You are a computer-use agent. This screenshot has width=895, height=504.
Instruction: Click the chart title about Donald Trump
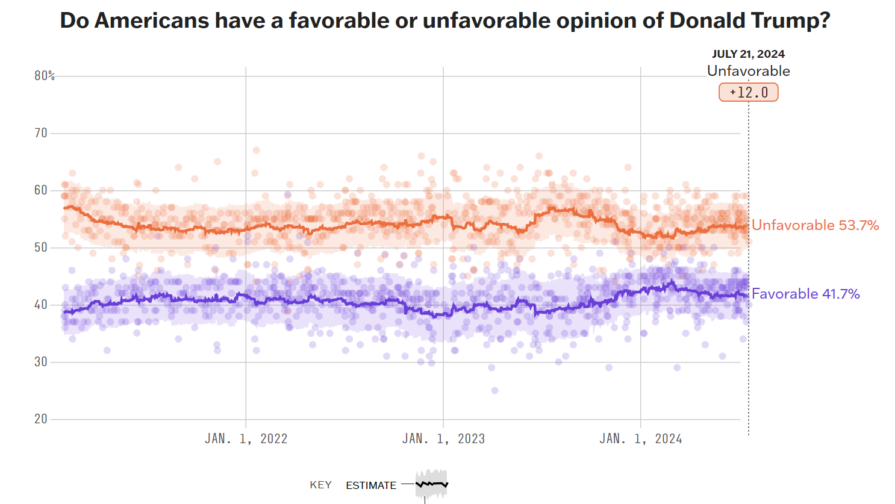click(x=444, y=20)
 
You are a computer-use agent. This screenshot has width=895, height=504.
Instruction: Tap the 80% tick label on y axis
click(x=45, y=76)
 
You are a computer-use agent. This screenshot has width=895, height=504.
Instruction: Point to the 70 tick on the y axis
click(x=41, y=133)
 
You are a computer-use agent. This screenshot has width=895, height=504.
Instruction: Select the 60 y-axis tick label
click(x=41, y=190)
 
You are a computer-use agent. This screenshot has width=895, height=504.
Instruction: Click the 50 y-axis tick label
click(x=41, y=247)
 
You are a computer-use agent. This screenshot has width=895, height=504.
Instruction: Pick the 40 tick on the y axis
click(x=41, y=305)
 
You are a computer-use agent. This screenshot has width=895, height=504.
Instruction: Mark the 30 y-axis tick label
click(x=41, y=362)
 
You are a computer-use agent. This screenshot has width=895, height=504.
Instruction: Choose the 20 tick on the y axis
click(x=41, y=419)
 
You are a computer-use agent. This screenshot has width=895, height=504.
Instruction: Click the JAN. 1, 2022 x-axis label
click(x=246, y=439)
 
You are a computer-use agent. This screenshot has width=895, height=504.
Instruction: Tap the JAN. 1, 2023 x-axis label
click(x=443, y=439)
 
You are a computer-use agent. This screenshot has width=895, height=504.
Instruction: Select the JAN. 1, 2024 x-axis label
click(x=641, y=439)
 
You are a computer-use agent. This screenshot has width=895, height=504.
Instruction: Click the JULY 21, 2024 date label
click(x=748, y=54)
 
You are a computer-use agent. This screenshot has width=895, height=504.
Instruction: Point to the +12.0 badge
click(x=749, y=92)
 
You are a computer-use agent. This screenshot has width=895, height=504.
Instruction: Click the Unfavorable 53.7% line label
click(x=815, y=225)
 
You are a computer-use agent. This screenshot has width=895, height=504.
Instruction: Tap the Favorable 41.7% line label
click(x=805, y=294)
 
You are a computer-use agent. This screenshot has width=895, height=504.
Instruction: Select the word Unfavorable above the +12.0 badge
click(x=748, y=71)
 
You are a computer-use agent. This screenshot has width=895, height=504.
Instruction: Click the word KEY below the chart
click(x=320, y=485)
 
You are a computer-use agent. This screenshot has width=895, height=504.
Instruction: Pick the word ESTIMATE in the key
click(x=371, y=485)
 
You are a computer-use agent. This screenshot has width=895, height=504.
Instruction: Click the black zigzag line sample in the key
click(x=432, y=484)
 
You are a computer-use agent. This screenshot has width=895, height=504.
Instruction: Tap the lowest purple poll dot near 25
click(x=494, y=391)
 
